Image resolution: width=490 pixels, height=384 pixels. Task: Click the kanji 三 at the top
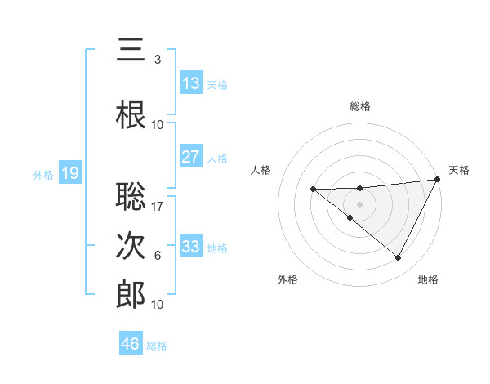point(131,51)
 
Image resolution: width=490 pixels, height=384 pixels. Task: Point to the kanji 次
point(131,247)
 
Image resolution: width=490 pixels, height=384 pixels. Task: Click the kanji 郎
point(131,296)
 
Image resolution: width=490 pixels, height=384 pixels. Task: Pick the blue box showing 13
point(191,83)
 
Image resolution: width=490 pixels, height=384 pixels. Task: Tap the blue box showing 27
point(191,157)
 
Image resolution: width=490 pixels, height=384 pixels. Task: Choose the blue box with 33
point(191,247)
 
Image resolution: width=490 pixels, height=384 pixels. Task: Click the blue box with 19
point(70,173)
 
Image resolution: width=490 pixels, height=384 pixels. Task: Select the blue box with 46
point(131,344)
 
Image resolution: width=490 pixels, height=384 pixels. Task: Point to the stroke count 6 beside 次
point(158,256)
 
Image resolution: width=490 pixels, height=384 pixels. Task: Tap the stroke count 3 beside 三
point(158,60)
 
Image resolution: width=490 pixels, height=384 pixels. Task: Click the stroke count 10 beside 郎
point(158,305)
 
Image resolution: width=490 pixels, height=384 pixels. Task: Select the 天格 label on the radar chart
point(459,170)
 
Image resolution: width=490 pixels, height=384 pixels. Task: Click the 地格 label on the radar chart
point(428,279)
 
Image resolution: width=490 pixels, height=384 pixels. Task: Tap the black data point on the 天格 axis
point(439,179)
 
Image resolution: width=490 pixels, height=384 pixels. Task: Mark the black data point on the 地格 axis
point(399,258)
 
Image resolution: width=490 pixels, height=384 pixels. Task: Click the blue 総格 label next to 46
point(157,346)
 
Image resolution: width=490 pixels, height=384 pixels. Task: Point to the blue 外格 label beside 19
point(43,174)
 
